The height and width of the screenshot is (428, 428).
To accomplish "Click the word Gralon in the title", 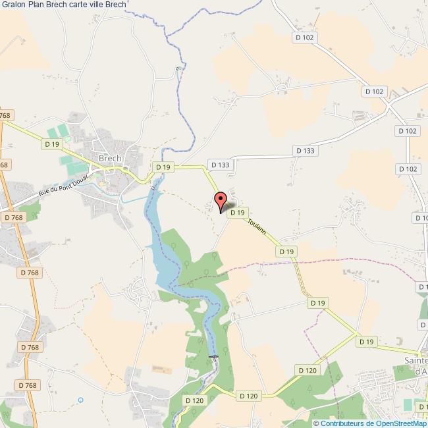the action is tap(13, 5).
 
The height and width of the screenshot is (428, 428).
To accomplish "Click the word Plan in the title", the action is tap(37, 5).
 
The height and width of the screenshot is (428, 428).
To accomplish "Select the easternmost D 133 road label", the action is tap(306, 151).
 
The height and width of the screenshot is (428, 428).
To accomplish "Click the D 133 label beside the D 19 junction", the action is tap(219, 165).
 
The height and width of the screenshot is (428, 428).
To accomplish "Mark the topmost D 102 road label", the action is tap(305, 38).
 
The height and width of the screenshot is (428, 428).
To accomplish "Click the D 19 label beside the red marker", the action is tap(238, 212).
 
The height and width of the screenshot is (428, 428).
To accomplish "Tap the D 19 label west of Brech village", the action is tap(51, 144).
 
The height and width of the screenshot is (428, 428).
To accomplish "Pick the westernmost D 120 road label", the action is tap(194, 400).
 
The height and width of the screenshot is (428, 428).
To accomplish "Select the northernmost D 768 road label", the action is tap(5, 115).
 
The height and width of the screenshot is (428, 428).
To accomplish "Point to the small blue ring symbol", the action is tap(80, 400).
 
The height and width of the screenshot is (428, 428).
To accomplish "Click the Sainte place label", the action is tap(415, 360).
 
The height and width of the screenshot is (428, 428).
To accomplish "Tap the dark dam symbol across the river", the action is tap(213, 358).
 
